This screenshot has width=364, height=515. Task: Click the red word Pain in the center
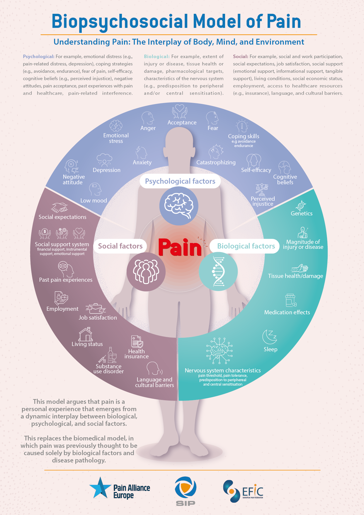tap(180, 247)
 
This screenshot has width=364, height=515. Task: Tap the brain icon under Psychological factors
tap(178, 206)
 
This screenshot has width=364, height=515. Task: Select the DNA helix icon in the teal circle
tap(218, 271)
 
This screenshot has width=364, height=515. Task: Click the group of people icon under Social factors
tap(146, 272)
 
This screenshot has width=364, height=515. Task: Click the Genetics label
tap(301, 214)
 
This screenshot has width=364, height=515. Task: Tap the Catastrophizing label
tap(216, 163)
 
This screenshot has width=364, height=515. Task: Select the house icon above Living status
tap(86, 334)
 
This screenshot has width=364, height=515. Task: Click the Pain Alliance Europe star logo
tap(100, 488)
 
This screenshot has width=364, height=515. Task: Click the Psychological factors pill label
tap(180, 181)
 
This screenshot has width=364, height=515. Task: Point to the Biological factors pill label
tap(246, 246)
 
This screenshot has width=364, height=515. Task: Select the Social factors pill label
tap(120, 246)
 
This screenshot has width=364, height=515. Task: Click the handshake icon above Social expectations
tap(59, 207)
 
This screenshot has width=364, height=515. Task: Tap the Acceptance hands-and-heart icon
tap(180, 112)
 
